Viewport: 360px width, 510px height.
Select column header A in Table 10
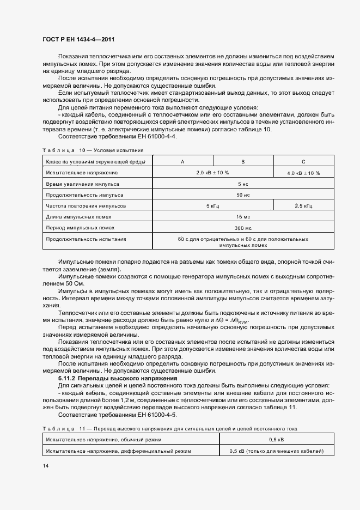[182, 161]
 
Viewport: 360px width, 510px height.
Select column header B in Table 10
[243, 161]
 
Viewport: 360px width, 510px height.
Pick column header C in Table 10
[303, 161]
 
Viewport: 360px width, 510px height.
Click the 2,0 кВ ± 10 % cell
[212, 173]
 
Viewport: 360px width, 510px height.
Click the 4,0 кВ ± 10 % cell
[303, 173]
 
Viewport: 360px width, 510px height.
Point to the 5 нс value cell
[243, 184]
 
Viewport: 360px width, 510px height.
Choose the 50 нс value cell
[243, 195]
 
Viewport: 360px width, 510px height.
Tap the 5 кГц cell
[212, 206]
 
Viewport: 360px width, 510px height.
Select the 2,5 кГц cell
[303, 206]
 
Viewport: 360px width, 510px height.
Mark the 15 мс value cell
[243, 217]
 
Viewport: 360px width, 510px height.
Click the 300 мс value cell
[243, 228]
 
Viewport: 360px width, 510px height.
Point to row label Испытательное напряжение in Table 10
[82, 173]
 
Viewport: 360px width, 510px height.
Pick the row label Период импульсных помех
[81, 228]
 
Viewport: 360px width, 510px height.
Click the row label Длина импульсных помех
[79, 217]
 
